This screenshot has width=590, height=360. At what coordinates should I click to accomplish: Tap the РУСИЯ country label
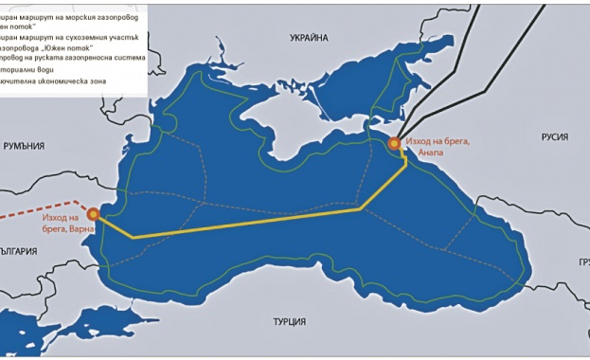pyautogui.click(x=555, y=137)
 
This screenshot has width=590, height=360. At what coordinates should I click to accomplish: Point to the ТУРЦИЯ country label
pyautogui.click(x=289, y=322)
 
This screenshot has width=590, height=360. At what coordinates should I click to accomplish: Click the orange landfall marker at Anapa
pyautogui.click(x=394, y=143)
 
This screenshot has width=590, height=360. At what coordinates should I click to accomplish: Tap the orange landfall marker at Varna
pyautogui.click(x=93, y=215)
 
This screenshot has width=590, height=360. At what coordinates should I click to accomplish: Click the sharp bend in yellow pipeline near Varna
pyautogui.click(x=134, y=237)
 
